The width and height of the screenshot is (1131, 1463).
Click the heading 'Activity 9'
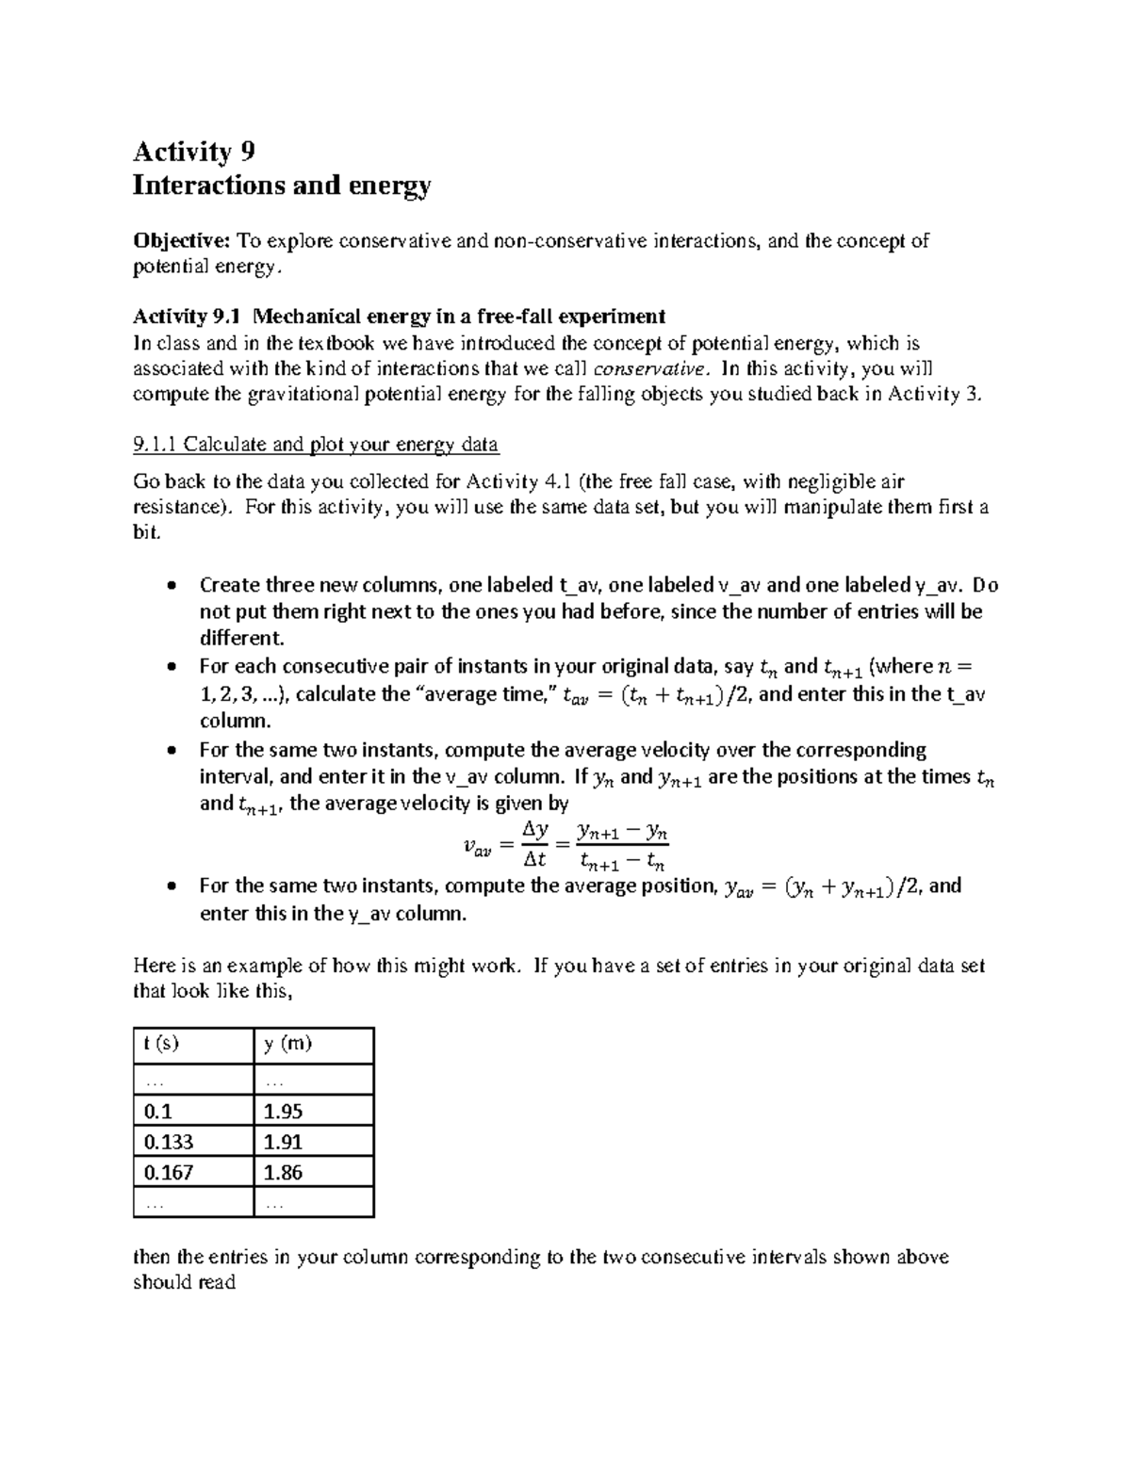tap(194, 152)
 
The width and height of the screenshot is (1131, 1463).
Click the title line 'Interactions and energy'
tap(282, 186)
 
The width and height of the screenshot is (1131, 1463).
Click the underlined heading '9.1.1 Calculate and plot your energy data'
tap(316, 444)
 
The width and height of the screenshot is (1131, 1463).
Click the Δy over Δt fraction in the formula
tap(534, 844)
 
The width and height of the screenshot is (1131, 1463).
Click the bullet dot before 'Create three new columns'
tap(171, 586)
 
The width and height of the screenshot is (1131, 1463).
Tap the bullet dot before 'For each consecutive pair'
tap(171, 667)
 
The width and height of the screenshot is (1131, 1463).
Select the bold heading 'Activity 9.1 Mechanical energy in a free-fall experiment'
tap(400, 316)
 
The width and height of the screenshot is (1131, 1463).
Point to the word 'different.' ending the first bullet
tap(241, 638)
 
